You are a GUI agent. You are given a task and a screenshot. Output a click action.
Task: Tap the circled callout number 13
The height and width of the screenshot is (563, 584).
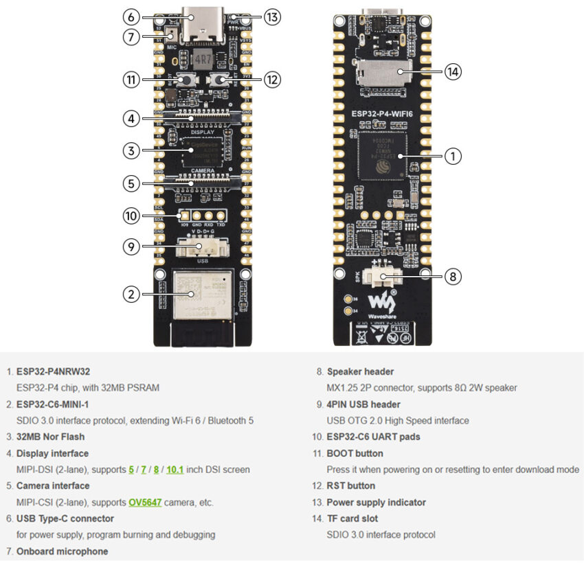(x=272, y=17)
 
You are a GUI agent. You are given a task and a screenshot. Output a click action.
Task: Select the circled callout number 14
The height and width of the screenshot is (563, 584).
(x=452, y=71)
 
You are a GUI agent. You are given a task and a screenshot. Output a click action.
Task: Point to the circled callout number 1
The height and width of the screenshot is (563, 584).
(x=452, y=157)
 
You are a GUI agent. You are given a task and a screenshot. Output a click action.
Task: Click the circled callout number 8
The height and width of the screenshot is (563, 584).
(x=452, y=277)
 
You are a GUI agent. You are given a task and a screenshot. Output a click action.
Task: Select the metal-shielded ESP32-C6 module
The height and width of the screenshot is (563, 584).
(x=200, y=294)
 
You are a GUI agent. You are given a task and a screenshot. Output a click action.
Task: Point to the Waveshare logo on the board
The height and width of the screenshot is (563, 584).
(x=380, y=303)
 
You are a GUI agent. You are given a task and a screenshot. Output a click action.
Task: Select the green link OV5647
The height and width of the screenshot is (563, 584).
(x=145, y=502)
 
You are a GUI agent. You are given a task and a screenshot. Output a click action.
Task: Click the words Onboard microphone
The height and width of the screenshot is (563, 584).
(x=62, y=551)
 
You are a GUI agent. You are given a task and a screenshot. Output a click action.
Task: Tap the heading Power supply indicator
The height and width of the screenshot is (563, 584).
(x=376, y=502)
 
